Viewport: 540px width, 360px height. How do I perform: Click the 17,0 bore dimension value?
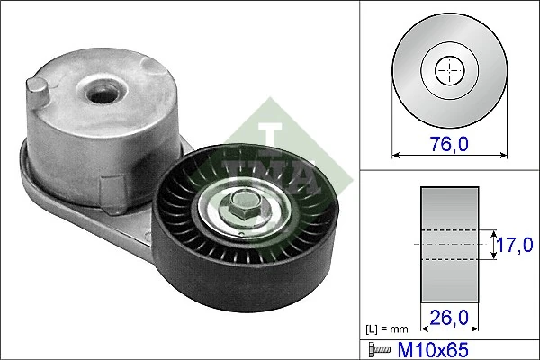[x=515, y=243]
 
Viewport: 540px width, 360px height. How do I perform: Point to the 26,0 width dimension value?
[x=447, y=317]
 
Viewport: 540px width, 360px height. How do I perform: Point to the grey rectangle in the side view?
[x=447, y=243]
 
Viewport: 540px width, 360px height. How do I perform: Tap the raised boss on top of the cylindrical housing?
[x=101, y=85]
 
